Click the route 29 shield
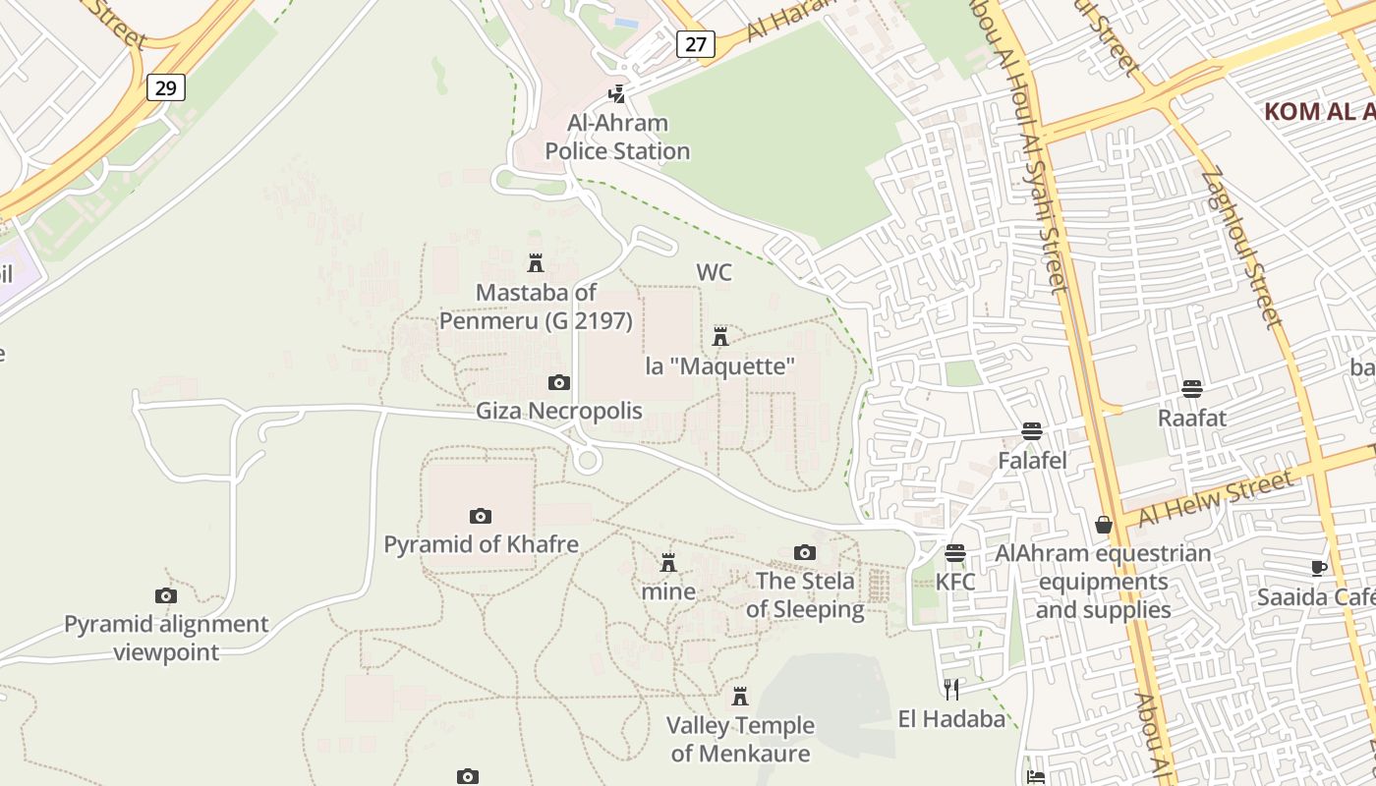click(x=166, y=88)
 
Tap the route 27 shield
click(x=695, y=43)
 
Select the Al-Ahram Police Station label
click(x=617, y=138)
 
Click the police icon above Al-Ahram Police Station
click(x=617, y=94)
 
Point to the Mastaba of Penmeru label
click(x=536, y=307)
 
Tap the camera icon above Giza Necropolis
click(x=558, y=382)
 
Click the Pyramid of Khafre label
click(x=481, y=544)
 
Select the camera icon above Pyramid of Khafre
click(x=480, y=516)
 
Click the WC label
click(x=715, y=272)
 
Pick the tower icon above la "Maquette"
click(x=720, y=336)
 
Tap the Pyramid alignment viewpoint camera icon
click(x=166, y=595)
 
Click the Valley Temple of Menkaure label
click(x=740, y=740)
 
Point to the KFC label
click(x=955, y=582)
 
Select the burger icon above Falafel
click(x=1031, y=431)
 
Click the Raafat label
click(x=1192, y=419)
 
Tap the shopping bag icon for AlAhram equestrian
click(x=1104, y=525)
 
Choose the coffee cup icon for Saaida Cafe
click(x=1319, y=568)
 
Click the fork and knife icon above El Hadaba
click(x=950, y=689)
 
